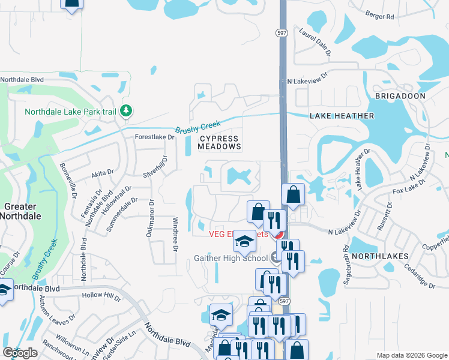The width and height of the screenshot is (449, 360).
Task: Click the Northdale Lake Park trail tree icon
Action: [126, 111]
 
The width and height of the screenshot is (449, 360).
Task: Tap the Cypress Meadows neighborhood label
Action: [220, 142]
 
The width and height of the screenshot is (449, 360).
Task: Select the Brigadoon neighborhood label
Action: [400, 96]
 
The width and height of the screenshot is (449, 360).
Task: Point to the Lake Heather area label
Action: [342, 116]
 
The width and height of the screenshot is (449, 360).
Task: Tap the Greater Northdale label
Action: [20, 211]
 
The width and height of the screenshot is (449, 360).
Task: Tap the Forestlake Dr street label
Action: [155, 137]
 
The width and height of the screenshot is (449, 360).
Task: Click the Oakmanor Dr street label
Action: [150, 218]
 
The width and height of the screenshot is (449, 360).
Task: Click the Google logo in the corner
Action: [20, 353]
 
